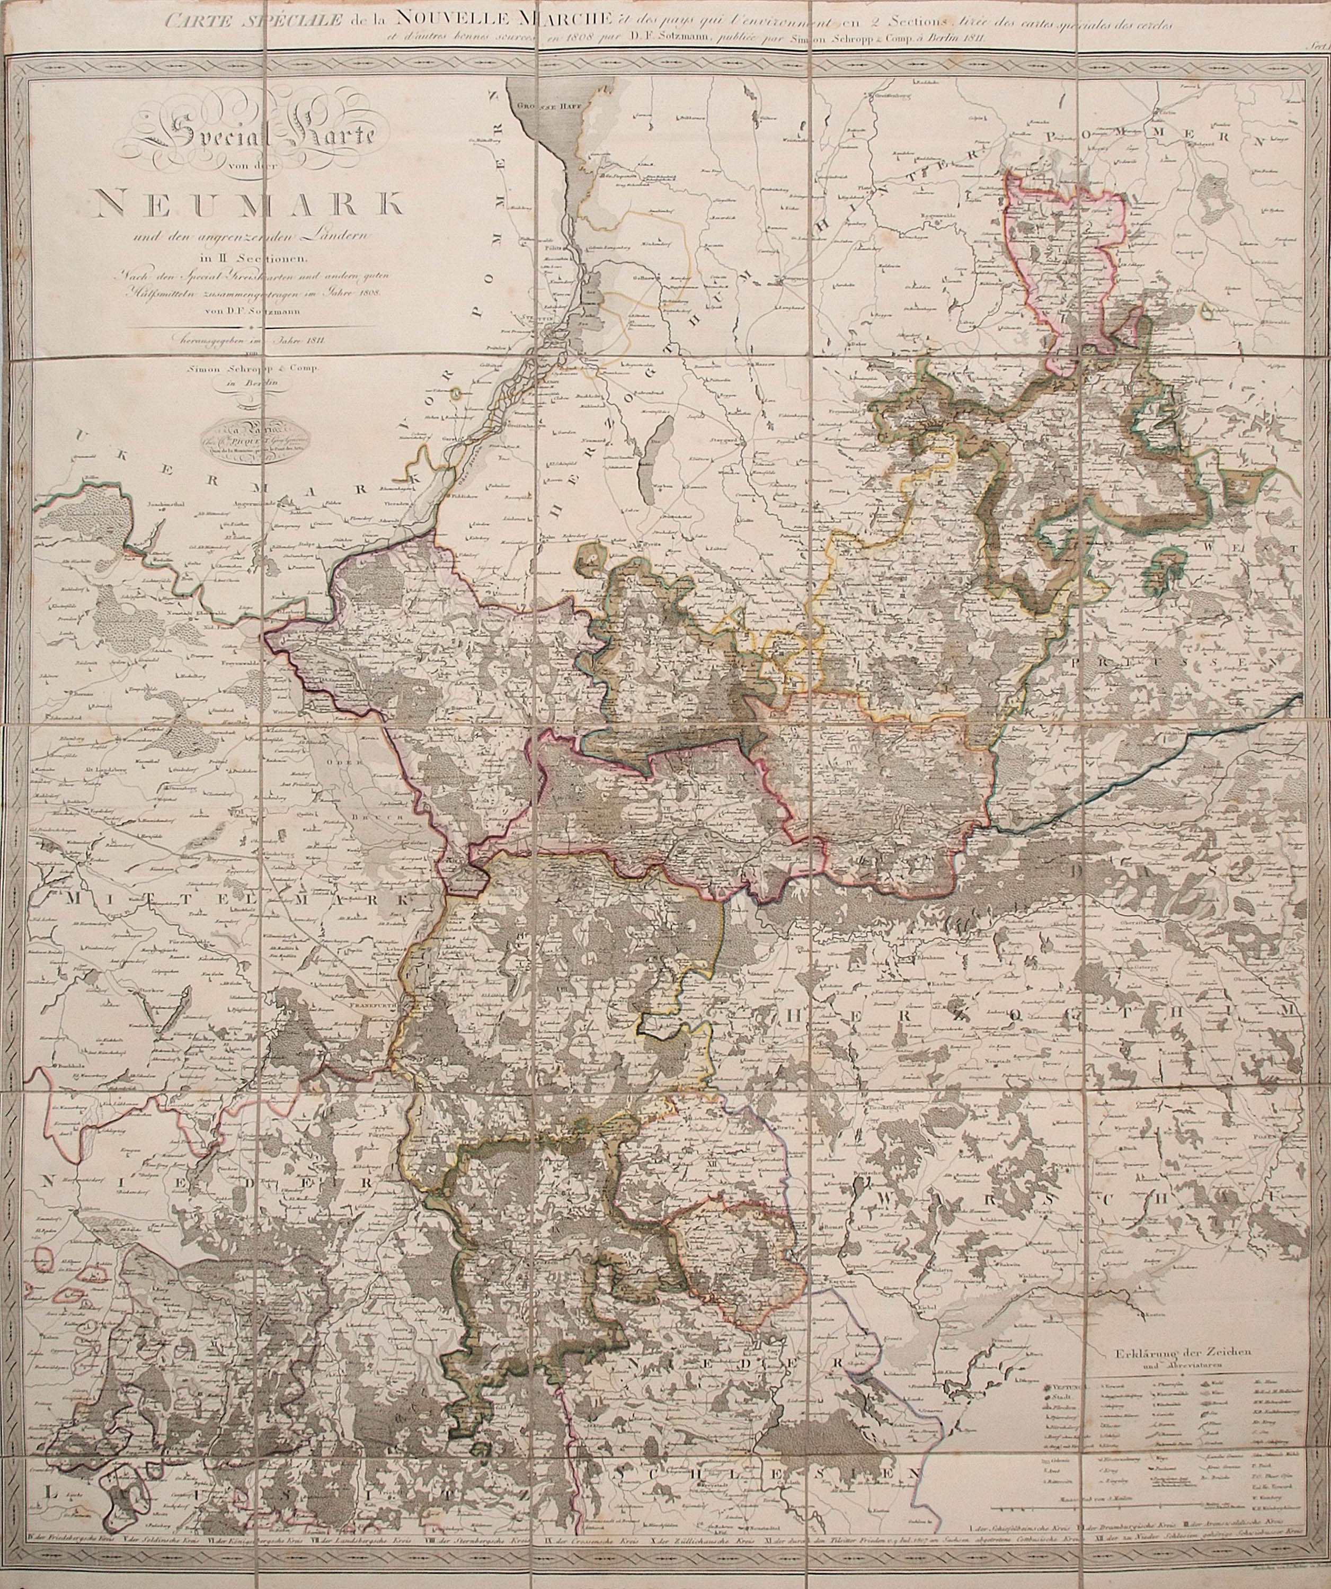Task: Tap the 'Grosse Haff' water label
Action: (x=539, y=108)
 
